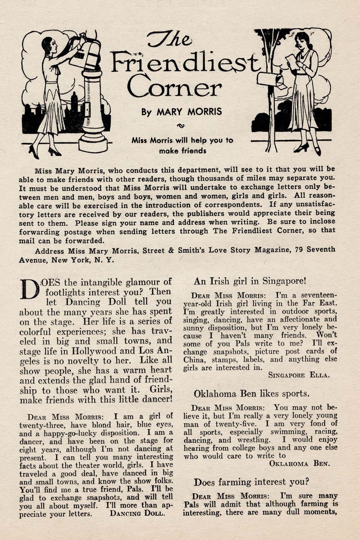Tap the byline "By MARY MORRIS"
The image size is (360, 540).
(x=182, y=112)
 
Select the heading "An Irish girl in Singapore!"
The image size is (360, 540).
(x=250, y=281)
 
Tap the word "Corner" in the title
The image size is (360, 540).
(x=175, y=87)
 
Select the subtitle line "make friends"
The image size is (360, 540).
(x=182, y=151)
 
